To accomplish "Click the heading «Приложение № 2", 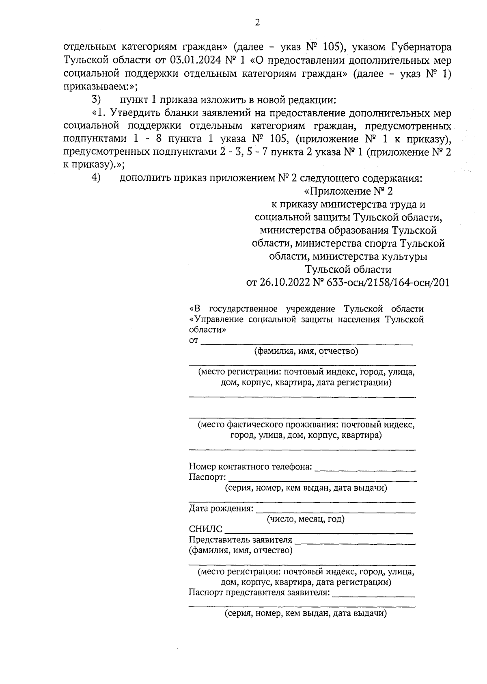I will pyautogui.click(x=348, y=191).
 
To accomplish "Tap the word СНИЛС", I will pyautogui.click(x=205, y=529).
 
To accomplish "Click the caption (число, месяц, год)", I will pyautogui.click(x=306, y=519).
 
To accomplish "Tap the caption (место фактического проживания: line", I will pyautogui.click(x=306, y=425).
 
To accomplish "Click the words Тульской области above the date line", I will pyautogui.click(x=348, y=269).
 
